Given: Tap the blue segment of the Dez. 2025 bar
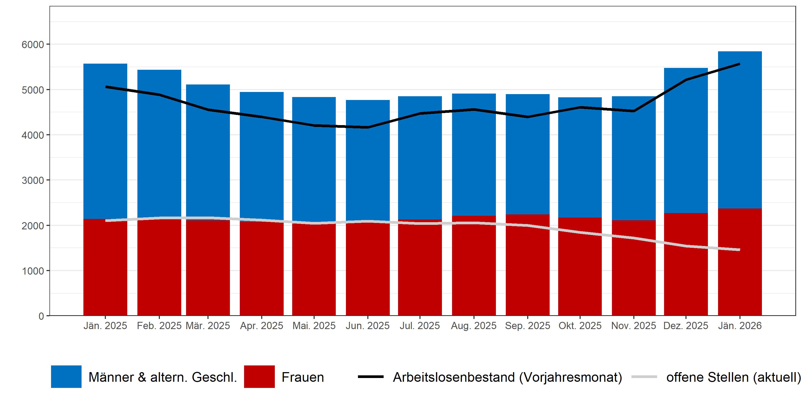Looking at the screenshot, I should (686, 140).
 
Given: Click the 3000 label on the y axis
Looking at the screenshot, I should (33, 180).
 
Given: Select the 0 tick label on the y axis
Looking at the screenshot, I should (41, 316).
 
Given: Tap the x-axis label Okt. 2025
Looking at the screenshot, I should (580, 326).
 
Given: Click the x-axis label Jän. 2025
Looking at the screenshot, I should (105, 326).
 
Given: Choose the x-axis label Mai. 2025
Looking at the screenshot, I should (314, 326).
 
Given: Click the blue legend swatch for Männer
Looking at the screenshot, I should (66, 377).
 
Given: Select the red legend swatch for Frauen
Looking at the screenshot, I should (259, 377).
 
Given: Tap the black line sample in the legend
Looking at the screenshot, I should (371, 377).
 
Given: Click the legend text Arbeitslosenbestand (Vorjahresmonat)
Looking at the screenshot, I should (507, 377).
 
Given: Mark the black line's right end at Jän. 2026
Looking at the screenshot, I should (739, 64).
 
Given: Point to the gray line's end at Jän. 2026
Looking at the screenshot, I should (739, 250).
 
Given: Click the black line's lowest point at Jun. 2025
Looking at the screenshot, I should (368, 127).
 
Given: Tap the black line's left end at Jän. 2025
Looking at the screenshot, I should (106, 87).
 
